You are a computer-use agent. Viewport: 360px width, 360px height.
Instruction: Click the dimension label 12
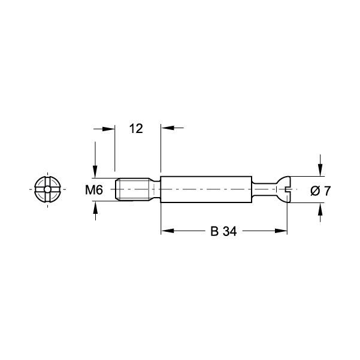(136, 128)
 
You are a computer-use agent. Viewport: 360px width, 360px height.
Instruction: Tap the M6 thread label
(95, 190)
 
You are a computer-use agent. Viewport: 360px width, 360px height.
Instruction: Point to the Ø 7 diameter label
(321, 191)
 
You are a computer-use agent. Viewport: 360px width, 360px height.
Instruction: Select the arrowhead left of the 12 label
(109, 128)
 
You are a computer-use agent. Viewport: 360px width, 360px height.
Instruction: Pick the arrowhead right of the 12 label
(165, 128)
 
